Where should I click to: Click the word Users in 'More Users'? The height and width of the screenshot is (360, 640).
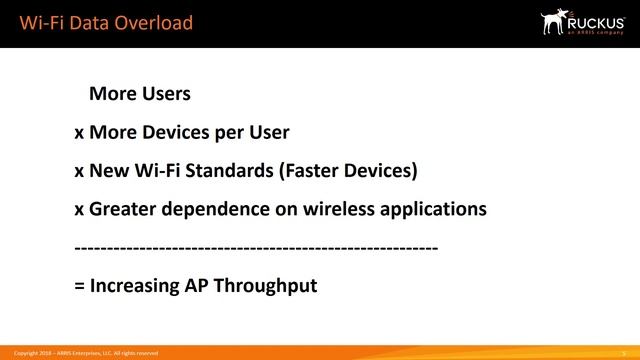(x=165, y=95)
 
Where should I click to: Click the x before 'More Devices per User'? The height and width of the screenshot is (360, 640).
(x=79, y=134)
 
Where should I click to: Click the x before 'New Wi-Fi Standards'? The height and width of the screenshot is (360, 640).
(x=79, y=172)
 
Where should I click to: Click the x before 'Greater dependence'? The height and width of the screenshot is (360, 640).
(x=79, y=211)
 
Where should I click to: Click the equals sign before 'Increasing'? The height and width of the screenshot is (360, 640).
(x=79, y=286)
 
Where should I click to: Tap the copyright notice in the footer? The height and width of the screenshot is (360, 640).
(x=85, y=353)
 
